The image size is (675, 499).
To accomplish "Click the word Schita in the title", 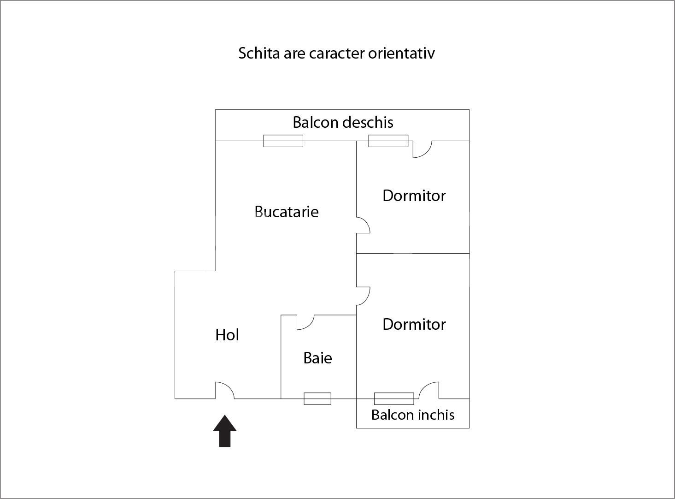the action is pos(259,53).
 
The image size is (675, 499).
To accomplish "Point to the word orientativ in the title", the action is pos(401,53).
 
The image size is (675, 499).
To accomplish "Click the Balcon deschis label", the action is pos(343,122).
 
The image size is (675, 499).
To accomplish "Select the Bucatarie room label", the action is pos(287,211).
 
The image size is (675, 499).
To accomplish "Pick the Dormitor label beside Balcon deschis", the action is pos(414,196).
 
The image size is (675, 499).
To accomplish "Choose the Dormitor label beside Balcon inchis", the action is pos(414,324).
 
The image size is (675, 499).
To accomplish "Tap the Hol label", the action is pos(227,335).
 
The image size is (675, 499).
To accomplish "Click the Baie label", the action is pos(317,357).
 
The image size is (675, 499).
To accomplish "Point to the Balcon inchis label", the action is pos(413,415).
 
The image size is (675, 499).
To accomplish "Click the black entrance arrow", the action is pos(224,431).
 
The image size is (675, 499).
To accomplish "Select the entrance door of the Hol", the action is pos(225,390).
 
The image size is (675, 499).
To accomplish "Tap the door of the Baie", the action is pos(305,322).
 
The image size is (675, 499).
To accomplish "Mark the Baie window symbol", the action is pos(317,398).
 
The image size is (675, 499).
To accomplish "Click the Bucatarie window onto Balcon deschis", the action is pos(283,141).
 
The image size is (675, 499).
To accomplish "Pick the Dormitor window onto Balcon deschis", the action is pos(388,141).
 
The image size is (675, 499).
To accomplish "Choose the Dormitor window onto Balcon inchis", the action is pos(394,398).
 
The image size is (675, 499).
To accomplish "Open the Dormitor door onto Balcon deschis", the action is pos(423,149).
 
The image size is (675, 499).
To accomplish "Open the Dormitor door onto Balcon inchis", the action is pos(429,390).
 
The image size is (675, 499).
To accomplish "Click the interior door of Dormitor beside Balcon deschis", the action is pos(364,225).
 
